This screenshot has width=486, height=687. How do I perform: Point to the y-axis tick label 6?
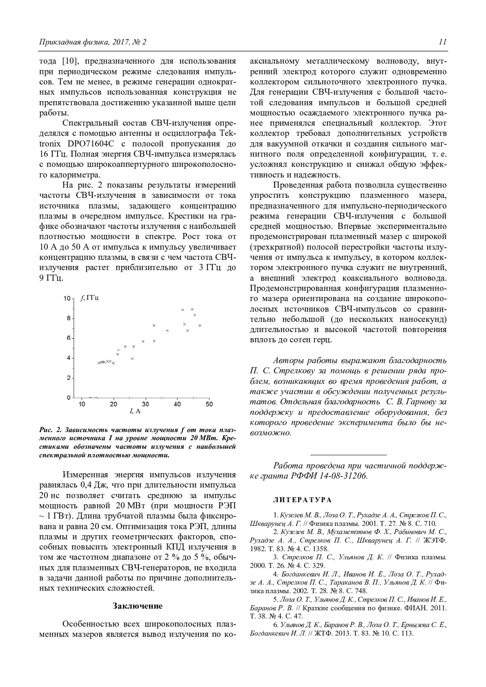[68, 338]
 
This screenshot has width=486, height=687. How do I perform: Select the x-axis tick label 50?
[209, 404]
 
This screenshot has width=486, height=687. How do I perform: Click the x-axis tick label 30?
[145, 404]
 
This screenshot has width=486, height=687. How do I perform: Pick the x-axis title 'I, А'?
[135, 411]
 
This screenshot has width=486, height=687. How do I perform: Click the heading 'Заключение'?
[137, 606]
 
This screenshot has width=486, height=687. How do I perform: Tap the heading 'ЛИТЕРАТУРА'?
[303, 500]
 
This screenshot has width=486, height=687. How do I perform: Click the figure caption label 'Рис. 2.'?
[50, 430]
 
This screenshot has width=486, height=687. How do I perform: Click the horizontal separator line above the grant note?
[348, 455]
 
